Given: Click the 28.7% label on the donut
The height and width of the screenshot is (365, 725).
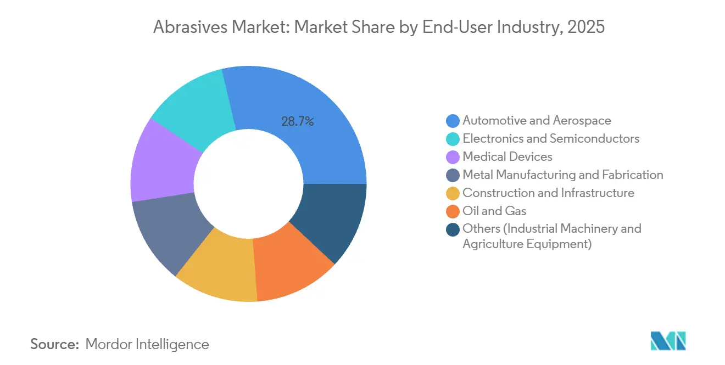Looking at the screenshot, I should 297,122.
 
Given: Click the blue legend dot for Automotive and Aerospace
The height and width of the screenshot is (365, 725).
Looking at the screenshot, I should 453,121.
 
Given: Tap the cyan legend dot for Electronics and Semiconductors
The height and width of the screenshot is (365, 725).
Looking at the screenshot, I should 453,139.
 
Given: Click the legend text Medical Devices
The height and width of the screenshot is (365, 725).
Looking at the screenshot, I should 507,157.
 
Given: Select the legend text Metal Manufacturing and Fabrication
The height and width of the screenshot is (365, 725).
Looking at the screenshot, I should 562,175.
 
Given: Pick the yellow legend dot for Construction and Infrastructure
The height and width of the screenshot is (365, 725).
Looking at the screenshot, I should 453,193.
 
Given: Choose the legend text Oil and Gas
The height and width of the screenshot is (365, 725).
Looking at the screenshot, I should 494,211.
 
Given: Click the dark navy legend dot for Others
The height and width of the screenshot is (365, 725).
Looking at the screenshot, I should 453,229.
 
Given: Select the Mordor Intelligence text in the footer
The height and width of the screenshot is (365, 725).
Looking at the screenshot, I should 147,344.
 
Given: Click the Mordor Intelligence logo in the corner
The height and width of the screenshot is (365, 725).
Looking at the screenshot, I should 667,341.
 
